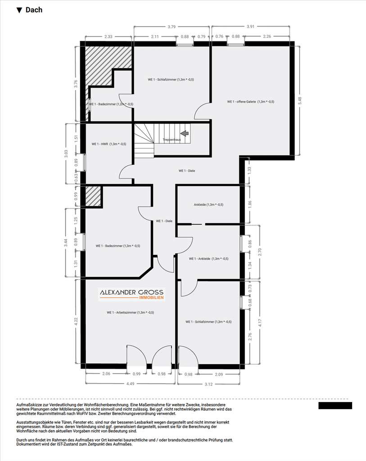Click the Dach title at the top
click(29, 10)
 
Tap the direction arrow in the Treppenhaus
click(184, 133)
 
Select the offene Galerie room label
click(250, 102)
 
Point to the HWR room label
click(108, 144)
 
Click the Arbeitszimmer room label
click(130, 312)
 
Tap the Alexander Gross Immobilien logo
click(131, 294)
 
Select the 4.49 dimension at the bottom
click(130, 383)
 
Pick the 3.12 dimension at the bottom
click(209, 383)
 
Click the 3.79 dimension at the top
click(172, 27)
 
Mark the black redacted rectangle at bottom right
click(335, 406)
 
